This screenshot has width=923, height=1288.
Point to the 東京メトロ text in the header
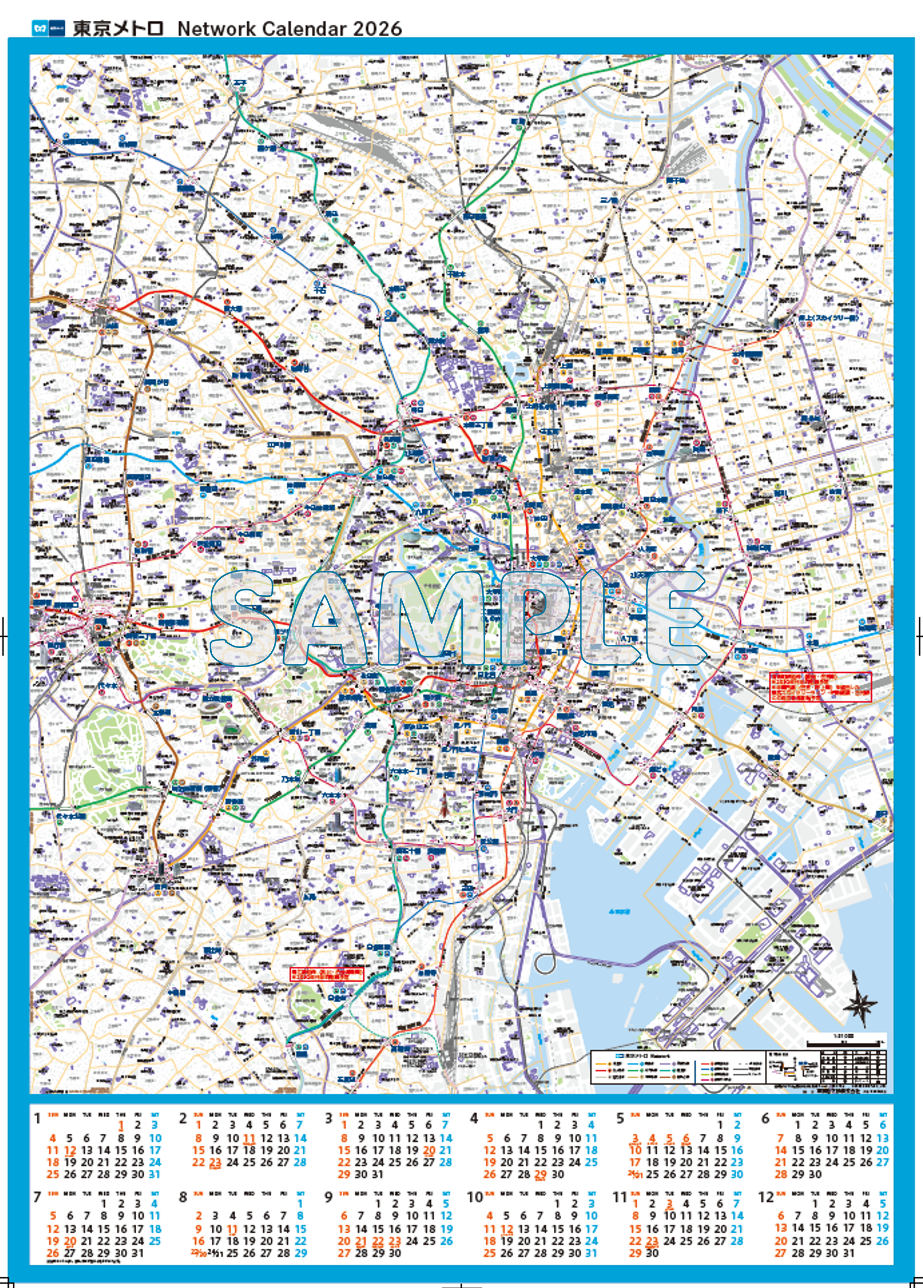coord(118,28)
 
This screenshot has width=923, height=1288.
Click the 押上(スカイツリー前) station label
coord(826,319)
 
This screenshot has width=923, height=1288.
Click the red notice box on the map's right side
coord(820,687)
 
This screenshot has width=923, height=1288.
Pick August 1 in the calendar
coord(301,1203)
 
